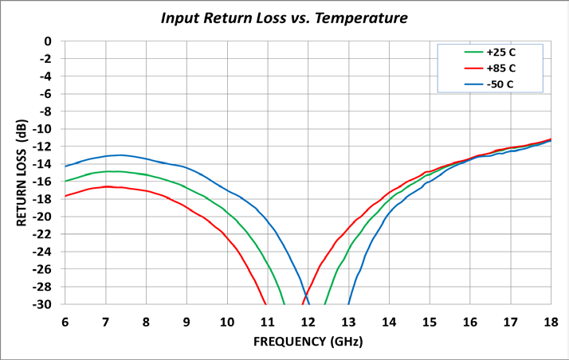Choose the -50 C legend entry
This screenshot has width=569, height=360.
[500, 84]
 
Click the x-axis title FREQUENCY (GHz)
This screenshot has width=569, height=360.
[308, 342]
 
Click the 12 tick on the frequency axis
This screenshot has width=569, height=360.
[308, 322]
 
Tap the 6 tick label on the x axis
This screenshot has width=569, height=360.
[65, 322]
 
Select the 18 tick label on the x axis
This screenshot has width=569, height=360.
[550, 322]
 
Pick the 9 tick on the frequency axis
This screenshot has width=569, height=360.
[186, 322]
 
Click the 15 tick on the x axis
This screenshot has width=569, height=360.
[429, 322]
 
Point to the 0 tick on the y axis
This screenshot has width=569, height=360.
[49, 41]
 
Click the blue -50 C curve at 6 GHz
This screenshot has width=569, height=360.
[65, 166]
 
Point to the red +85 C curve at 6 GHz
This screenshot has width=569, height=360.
[65, 195]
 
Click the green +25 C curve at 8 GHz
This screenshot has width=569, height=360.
[146, 174]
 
